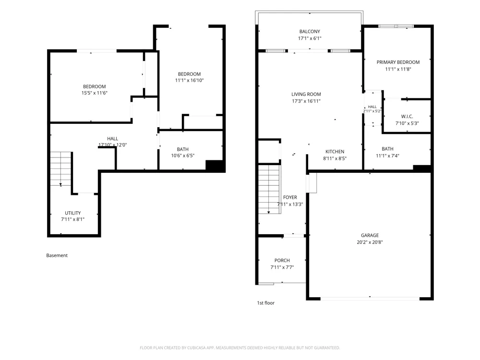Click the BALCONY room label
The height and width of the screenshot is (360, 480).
pyautogui.click(x=310, y=32)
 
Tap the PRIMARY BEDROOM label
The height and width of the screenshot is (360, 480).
pyautogui.click(x=398, y=62)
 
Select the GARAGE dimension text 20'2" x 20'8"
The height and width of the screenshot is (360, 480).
pyautogui.click(x=370, y=242)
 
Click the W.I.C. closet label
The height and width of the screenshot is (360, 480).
pyautogui.click(x=407, y=117)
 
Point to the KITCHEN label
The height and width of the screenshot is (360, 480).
pyautogui.click(x=335, y=152)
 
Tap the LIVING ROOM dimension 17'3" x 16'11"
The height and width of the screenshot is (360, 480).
pyautogui.click(x=306, y=101)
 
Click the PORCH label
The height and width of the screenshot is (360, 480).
pyautogui.click(x=282, y=261)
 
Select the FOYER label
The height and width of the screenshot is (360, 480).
pyautogui.click(x=290, y=197)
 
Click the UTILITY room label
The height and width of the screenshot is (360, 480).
pyautogui.click(x=73, y=213)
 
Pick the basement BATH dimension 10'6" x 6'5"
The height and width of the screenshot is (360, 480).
pyautogui.click(x=183, y=156)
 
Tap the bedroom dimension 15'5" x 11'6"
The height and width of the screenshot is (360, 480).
pyautogui.click(x=94, y=93)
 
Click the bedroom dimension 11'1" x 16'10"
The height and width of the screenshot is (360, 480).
pyautogui.click(x=189, y=81)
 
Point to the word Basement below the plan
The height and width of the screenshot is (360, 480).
pyautogui.click(x=57, y=255)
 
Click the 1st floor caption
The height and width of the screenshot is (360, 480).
pyautogui.click(x=266, y=303)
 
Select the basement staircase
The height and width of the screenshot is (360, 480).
pyautogui.click(x=60, y=168)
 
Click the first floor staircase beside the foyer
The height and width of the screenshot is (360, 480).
pyautogui.click(x=269, y=189)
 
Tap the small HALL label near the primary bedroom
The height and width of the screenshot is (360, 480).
pyautogui.click(x=372, y=107)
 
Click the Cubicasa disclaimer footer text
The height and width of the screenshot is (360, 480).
pyautogui.click(x=240, y=348)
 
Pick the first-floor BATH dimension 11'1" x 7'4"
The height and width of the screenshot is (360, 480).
pyautogui.click(x=387, y=156)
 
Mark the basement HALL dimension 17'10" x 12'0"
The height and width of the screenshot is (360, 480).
pyautogui.click(x=113, y=145)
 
